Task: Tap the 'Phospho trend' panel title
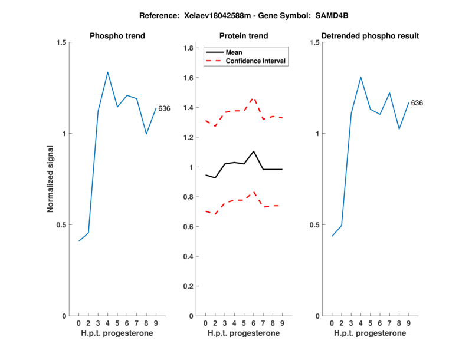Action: tap(117, 36)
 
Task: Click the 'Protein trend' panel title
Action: tap(243, 36)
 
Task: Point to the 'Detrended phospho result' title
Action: tap(369, 36)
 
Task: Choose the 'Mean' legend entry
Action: tap(234, 52)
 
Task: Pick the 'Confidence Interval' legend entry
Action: tap(256, 60)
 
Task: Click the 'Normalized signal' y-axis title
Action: tap(51, 178)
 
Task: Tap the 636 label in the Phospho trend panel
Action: tap(164, 108)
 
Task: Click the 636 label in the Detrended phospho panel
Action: tap(417, 103)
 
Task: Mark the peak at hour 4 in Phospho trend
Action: tap(107, 72)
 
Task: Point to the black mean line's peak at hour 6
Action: tap(253, 151)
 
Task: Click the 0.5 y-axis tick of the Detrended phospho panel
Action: tap(314, 225)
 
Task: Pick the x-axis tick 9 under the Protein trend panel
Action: tap(282, 323)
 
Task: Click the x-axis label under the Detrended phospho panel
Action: tap(369, 333)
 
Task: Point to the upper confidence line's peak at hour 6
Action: tap(253, 98)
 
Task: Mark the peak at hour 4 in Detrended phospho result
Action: tap(360, 77)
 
